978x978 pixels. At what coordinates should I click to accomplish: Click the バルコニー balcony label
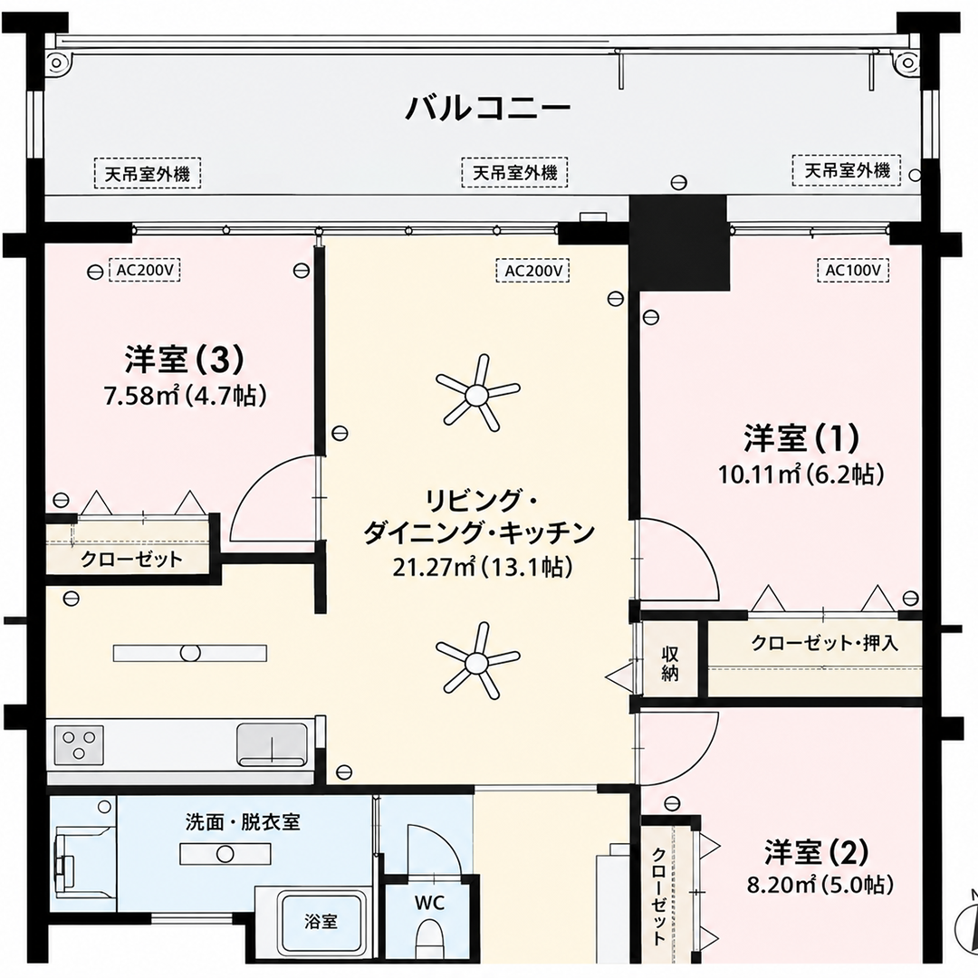pyautogui.click(x=488, y=108)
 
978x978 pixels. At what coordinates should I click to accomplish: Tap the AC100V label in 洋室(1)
pyautogui.click(x=853, y=271)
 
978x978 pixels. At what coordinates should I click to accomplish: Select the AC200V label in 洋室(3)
pyautogui.click(x=145, y=271)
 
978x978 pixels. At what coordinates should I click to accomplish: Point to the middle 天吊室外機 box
pyautogui.click(x=514, y=171)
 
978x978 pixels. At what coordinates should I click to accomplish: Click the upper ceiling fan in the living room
pyautogui.click(x=477, y=394)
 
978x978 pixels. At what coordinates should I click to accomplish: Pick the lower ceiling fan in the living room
pyautogui.click(x=477, y=661)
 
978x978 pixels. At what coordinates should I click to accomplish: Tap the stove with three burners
pyautogui.click(x=79, y=744)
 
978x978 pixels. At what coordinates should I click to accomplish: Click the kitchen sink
pyautogui.click(x=272, y=744)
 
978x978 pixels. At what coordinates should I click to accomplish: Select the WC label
pyautogui.click(x=430, y=903)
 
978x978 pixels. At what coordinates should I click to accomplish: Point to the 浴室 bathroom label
pyautogui.click(x=321, y=921)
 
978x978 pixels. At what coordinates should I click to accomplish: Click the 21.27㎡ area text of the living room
pyautogui.click(x=436, y=567)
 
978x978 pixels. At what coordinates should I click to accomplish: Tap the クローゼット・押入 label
pyautogui.click(x=825, y=643)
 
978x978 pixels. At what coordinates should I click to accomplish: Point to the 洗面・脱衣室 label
pyautogui.click(x=243, y=822)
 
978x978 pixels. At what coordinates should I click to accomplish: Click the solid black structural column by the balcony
pyautogui.click(x=678, y=242)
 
